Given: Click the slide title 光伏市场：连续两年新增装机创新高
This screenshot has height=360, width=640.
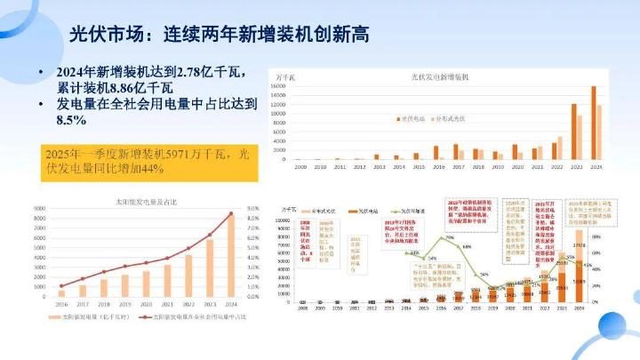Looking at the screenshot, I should (220, 34).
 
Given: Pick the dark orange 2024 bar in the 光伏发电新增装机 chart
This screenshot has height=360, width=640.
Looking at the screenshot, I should (594, 123).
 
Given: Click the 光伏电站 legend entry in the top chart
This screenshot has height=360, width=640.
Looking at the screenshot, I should (412, 117).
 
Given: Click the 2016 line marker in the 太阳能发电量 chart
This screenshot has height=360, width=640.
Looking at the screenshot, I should (61, 285).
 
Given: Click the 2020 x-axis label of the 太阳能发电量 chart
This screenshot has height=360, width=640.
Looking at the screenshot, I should (147, 303).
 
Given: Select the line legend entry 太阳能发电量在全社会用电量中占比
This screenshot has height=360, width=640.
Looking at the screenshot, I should (193, 317).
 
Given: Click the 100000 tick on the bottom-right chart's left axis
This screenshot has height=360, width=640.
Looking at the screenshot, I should (290, 220).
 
